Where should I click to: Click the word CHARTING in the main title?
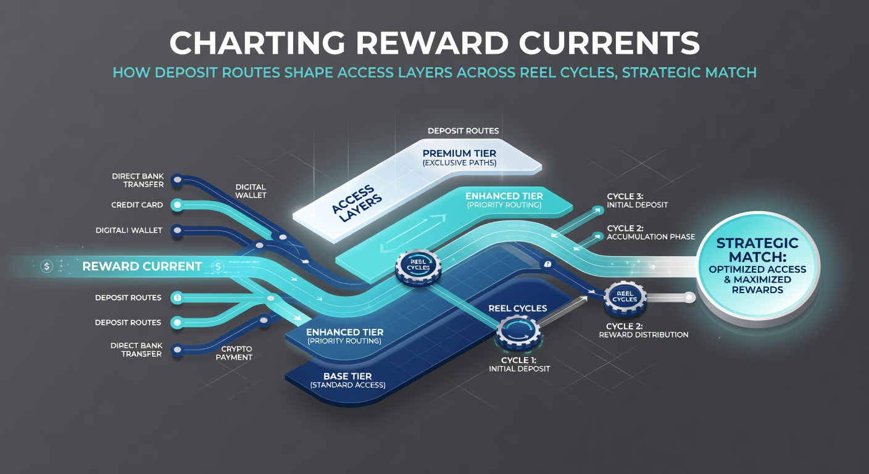[257, 43]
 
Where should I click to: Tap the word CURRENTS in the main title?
[609, 43]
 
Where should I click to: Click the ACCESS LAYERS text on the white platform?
[357, 204]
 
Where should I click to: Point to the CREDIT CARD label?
[137, 205]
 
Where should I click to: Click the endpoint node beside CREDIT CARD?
[177, 205]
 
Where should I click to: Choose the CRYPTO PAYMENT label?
[234, 353]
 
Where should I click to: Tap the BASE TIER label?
[347, 380]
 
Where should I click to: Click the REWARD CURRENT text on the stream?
[142, 267]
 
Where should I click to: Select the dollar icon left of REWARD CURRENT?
[46, 267]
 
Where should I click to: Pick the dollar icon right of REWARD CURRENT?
[218, 266]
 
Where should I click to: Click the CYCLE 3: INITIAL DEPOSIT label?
[638, 201]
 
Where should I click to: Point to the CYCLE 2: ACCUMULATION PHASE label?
[651, 232]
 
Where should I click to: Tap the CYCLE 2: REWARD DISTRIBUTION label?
[644, 330]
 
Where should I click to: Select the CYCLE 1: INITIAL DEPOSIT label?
[519, 365]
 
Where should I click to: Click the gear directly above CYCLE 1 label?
[518, 333]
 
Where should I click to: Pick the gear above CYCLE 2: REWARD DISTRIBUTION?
[625, 297]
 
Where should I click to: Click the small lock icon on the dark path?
[547, 264]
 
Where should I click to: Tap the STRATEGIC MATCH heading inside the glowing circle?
[757, 250]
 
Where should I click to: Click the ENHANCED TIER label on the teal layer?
[504, 200]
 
